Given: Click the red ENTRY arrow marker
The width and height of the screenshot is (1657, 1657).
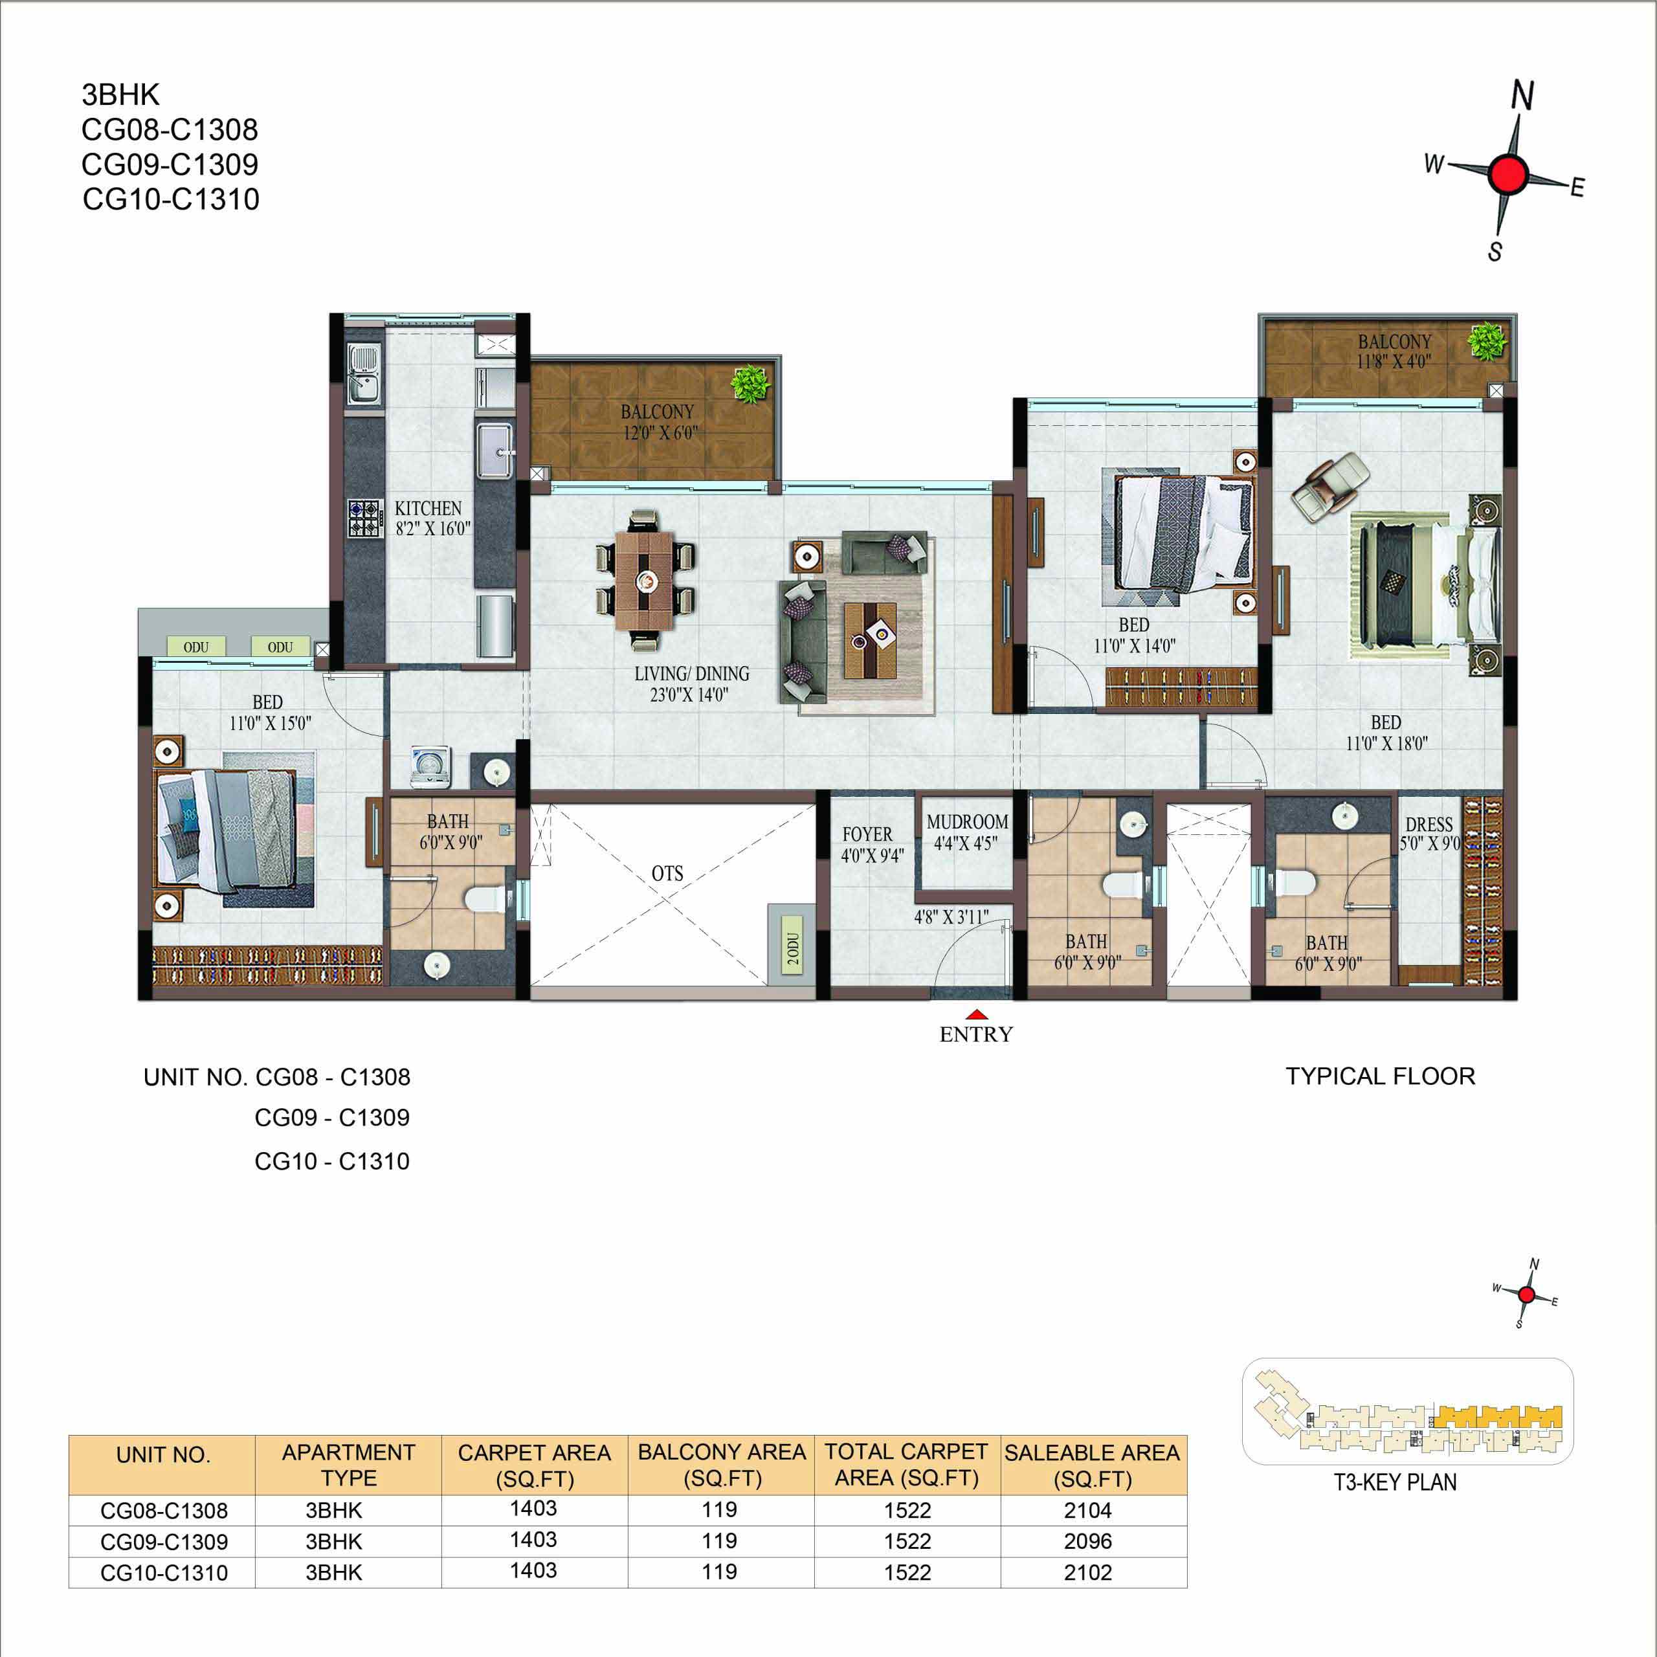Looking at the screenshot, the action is click(x=976, y=1016).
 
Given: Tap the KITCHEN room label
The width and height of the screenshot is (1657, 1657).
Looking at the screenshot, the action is click(x=428, y=509).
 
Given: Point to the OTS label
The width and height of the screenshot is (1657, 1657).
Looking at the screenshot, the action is click(x=667, y=873).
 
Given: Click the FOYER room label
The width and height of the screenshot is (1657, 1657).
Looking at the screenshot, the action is click(x=867, y=834).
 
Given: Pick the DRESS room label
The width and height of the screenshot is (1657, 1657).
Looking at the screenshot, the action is click(x=1429, y=824).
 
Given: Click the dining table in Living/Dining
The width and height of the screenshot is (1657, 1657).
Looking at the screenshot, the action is click(x=645, y=581).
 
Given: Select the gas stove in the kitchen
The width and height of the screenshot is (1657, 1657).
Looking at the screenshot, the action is click(x=364, y=518).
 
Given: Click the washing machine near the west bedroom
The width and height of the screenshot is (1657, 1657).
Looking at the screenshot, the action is click(x=430, y=766).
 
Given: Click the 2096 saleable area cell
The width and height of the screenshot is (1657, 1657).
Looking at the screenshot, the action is click(x=1087, y=1541).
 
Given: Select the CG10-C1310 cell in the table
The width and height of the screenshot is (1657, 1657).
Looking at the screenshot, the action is click(x=164, y=1573).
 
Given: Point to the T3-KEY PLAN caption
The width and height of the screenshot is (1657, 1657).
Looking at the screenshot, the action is click(x=1396, y=1482).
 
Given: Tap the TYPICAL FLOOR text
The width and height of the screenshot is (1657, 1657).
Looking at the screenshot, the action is click(x=1381, y=1076).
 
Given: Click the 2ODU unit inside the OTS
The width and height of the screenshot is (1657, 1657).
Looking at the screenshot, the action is click(x=791, y=944).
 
